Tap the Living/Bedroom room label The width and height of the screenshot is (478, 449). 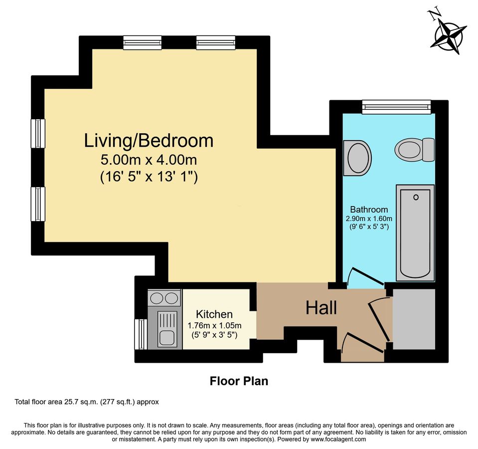(149, 141)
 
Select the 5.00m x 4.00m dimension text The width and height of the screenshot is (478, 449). (149, 161)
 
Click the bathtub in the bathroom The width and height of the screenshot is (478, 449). (415, 232)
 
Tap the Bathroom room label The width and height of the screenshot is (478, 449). (369, 210)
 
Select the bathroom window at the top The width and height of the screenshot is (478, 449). (396, 106)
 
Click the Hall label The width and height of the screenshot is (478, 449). (321, 308)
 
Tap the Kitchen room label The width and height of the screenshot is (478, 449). (214, 314)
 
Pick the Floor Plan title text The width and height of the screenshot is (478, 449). (239, 382)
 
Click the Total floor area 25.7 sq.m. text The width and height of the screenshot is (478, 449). (87, 402)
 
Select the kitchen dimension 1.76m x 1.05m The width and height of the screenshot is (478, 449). (214, 325)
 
